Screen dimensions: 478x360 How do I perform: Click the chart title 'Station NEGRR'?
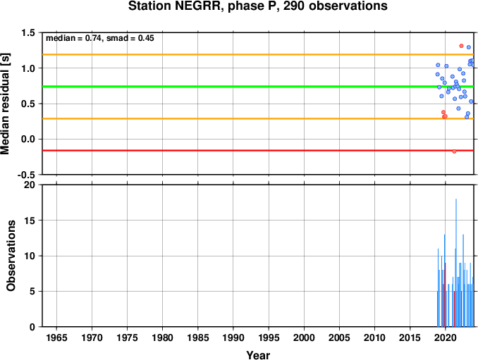(174, 6)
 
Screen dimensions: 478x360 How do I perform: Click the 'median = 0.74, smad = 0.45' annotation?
(100, 38)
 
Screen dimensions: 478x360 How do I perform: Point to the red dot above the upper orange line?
(461, 46)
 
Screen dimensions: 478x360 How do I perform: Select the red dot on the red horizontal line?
(454, 151)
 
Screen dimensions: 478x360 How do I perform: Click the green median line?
(258, 87)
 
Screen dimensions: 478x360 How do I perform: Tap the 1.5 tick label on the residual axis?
(28, 32)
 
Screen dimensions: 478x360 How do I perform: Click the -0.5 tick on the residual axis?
(26, 175)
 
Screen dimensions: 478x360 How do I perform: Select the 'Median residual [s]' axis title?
(5, 104)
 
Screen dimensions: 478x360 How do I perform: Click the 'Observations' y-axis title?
(11, 256)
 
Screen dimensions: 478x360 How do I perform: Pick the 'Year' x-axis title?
(258, 355)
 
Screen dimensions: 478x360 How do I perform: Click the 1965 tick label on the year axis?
(56, 337)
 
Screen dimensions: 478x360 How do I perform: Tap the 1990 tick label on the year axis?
(233, 337)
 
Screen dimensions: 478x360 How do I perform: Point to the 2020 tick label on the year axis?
(446, 337)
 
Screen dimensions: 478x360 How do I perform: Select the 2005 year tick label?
(339, 337)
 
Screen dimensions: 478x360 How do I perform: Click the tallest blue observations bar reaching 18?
(456, 263)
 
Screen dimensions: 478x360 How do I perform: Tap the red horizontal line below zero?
(258, 151)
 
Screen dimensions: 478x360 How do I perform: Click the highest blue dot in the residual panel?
(469, 47)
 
